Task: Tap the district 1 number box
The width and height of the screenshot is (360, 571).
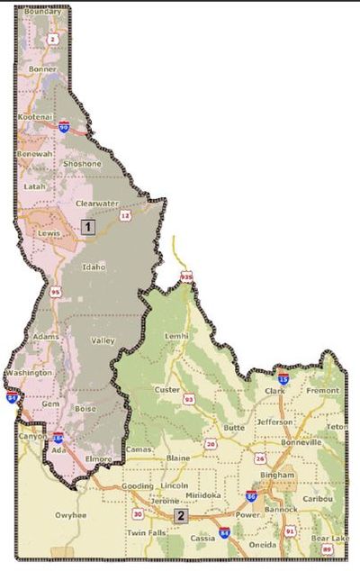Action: [87, 227]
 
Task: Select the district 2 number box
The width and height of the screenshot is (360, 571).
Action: [180, 516]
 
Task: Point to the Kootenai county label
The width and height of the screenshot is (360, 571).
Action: [35, 117]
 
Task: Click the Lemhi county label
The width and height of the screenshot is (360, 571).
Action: [177, 335]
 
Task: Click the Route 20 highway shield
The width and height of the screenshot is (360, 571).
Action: [210, 444]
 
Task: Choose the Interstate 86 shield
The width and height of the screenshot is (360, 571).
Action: [250, 496]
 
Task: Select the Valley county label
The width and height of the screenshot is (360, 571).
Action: [103, 341]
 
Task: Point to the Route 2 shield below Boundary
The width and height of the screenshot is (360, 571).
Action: [53, 39]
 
